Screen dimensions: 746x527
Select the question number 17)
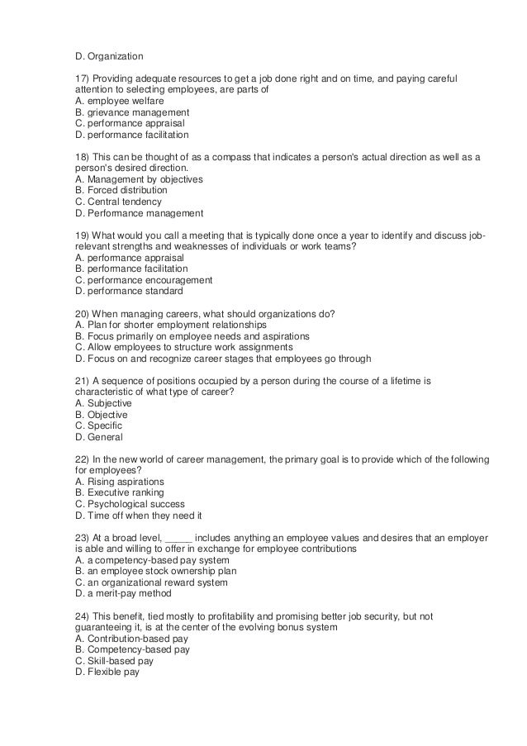click(83, 78)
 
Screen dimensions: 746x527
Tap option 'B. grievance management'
click(131, 112)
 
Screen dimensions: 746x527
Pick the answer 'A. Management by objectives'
click(138, 178)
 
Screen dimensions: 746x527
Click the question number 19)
click(83, 235)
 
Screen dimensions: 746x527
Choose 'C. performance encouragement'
click(143, 279)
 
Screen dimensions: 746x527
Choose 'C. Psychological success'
click(129, 503)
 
